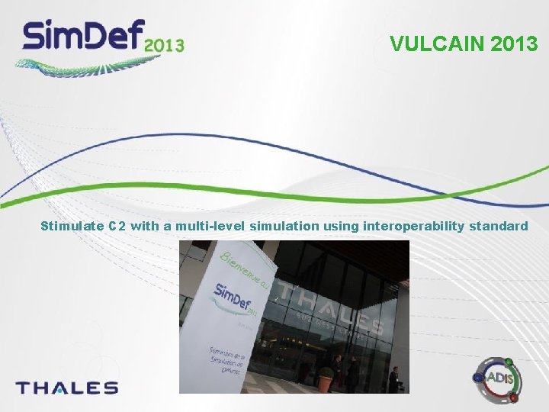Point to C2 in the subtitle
(117, 226)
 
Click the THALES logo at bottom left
(67, 388)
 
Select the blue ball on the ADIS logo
(478, 377)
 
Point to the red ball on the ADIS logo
(514, 397)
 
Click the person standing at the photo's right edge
(393, 379)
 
